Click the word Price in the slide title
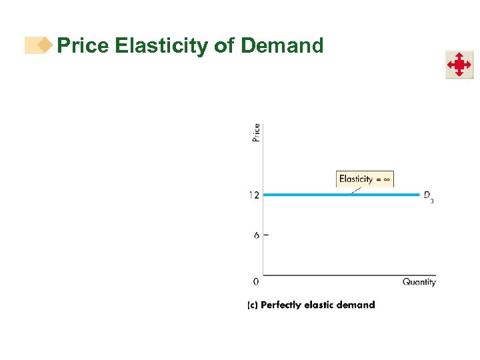point(83,46)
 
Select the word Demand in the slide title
point(282,46)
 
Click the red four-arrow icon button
point(459,65)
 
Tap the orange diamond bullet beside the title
point(45,45)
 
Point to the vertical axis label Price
point(257,132)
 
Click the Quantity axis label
point(419,282)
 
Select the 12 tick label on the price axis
point(254,195)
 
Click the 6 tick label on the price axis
point(257,235)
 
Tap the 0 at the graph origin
point(256,282)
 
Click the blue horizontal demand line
point(333,195)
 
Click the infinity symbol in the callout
point(386,179)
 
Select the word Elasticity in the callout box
point(356,179)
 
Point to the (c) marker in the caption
point(253,305)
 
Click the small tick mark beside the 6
point(266,235)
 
